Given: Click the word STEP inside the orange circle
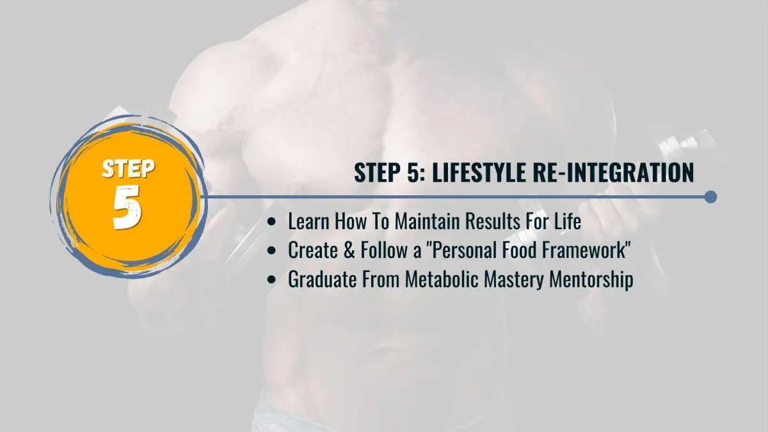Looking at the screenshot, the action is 129,169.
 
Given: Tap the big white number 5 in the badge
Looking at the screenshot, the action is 127,207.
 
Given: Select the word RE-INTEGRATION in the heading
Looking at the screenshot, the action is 613,172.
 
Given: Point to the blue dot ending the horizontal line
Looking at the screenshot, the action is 711,197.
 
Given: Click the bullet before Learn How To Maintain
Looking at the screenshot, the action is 271,221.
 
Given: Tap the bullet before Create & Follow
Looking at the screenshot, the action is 271,251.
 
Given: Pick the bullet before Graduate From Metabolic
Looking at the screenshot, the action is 271,280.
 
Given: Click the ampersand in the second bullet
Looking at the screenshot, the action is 349,250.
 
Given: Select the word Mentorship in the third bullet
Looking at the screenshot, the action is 591,280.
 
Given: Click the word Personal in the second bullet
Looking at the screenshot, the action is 464,250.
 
